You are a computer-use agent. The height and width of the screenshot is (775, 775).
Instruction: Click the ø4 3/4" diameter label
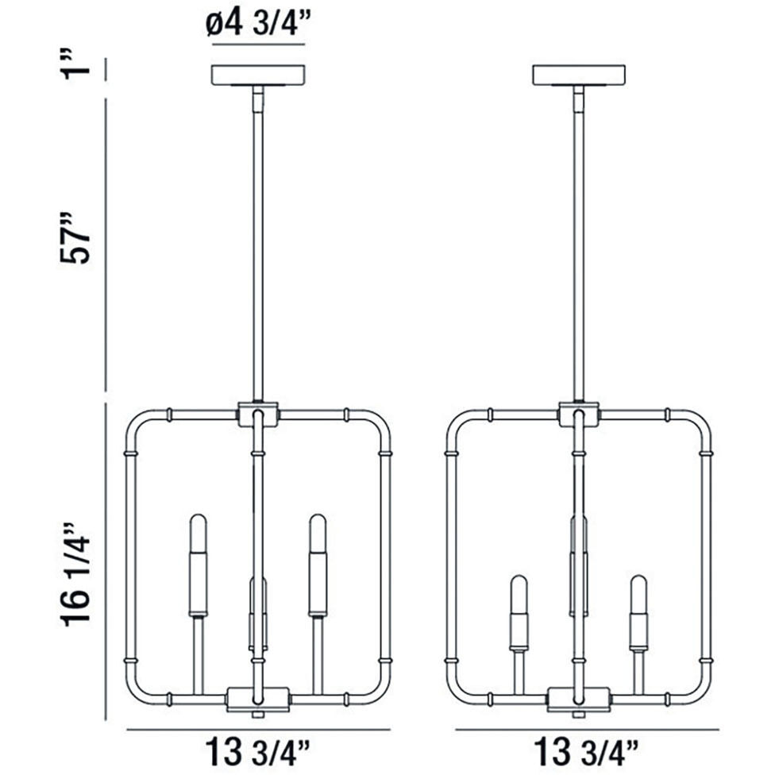pos(259,23)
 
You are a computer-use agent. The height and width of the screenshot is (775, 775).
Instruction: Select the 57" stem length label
pos(75,238)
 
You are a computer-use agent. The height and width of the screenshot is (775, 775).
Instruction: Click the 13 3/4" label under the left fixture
pos(257,751)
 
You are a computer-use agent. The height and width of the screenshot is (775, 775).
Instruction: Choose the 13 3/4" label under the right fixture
pos(586,751)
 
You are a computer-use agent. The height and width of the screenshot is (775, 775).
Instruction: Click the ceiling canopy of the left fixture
pos(258,75)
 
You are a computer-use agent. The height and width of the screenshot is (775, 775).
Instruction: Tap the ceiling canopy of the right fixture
pos(579,75)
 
